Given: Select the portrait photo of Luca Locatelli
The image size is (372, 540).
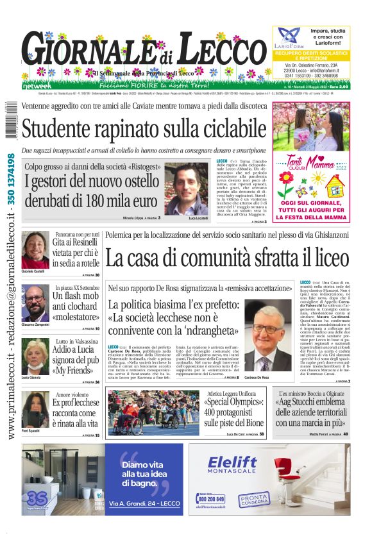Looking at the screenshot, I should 187,189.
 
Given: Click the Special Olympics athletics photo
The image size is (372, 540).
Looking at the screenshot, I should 153,414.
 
